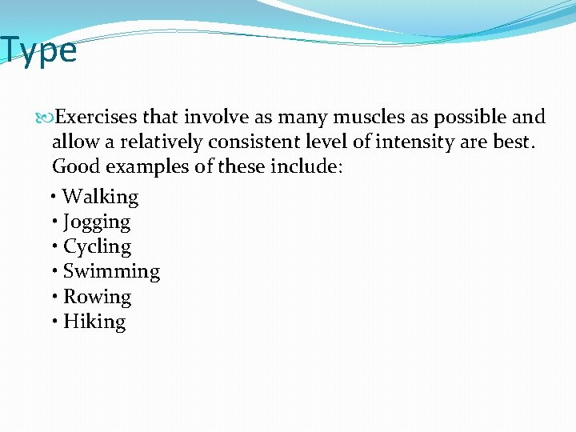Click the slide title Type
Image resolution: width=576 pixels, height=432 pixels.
coord(38,50)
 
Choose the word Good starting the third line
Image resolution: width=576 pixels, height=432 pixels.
coord(74,167)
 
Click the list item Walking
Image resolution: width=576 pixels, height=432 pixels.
coord(100,197)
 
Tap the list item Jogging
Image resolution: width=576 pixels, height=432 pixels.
coord(97,222)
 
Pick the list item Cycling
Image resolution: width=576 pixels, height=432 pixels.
coord(97,246)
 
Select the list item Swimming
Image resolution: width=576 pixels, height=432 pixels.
coord(111,271)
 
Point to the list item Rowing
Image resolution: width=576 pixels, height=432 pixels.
coord(97,297)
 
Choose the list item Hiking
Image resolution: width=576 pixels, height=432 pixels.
coord(94,322)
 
